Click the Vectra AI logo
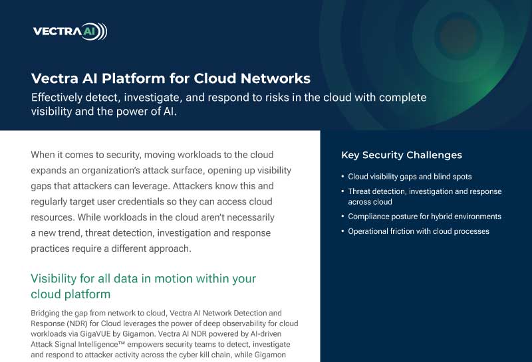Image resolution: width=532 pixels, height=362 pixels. coord(70,31)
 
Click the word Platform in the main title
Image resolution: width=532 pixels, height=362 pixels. coord(134,78)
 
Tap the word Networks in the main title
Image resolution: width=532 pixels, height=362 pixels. coord(275,78)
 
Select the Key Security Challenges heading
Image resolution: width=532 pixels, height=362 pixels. coord(402,155)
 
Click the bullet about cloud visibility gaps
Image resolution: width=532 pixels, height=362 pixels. coord(410,177)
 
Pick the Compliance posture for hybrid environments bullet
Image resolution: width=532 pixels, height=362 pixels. coord(424,217)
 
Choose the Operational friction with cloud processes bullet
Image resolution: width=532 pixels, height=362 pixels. coord(418,231)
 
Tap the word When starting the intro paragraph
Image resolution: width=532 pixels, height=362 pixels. coord(43,155)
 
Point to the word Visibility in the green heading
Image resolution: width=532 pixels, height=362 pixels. coord(54,278)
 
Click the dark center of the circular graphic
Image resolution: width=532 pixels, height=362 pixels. coord(458,36)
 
